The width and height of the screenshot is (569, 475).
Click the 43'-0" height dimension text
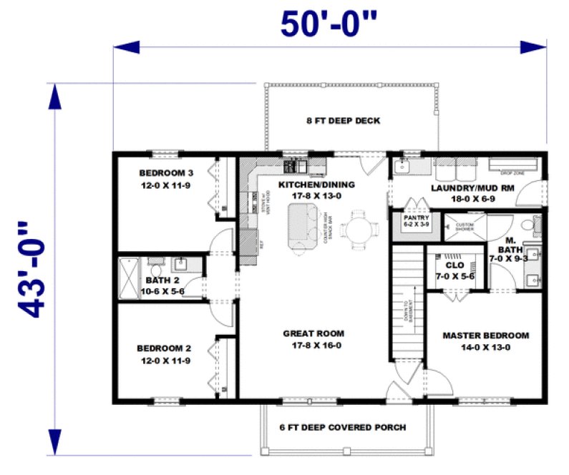(34, 269)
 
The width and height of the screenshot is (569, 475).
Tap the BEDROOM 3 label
(166, 173)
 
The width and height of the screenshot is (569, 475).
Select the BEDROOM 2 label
(163, 348)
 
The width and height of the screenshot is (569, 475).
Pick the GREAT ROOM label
(313, 333)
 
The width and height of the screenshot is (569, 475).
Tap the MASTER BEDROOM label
(485, 335)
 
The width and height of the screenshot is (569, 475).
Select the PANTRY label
(415, 217)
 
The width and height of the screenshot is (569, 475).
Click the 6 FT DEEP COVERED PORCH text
(342, 428)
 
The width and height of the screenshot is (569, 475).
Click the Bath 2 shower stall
(129, 278)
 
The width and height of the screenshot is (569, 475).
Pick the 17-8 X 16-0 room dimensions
(313, 345)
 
